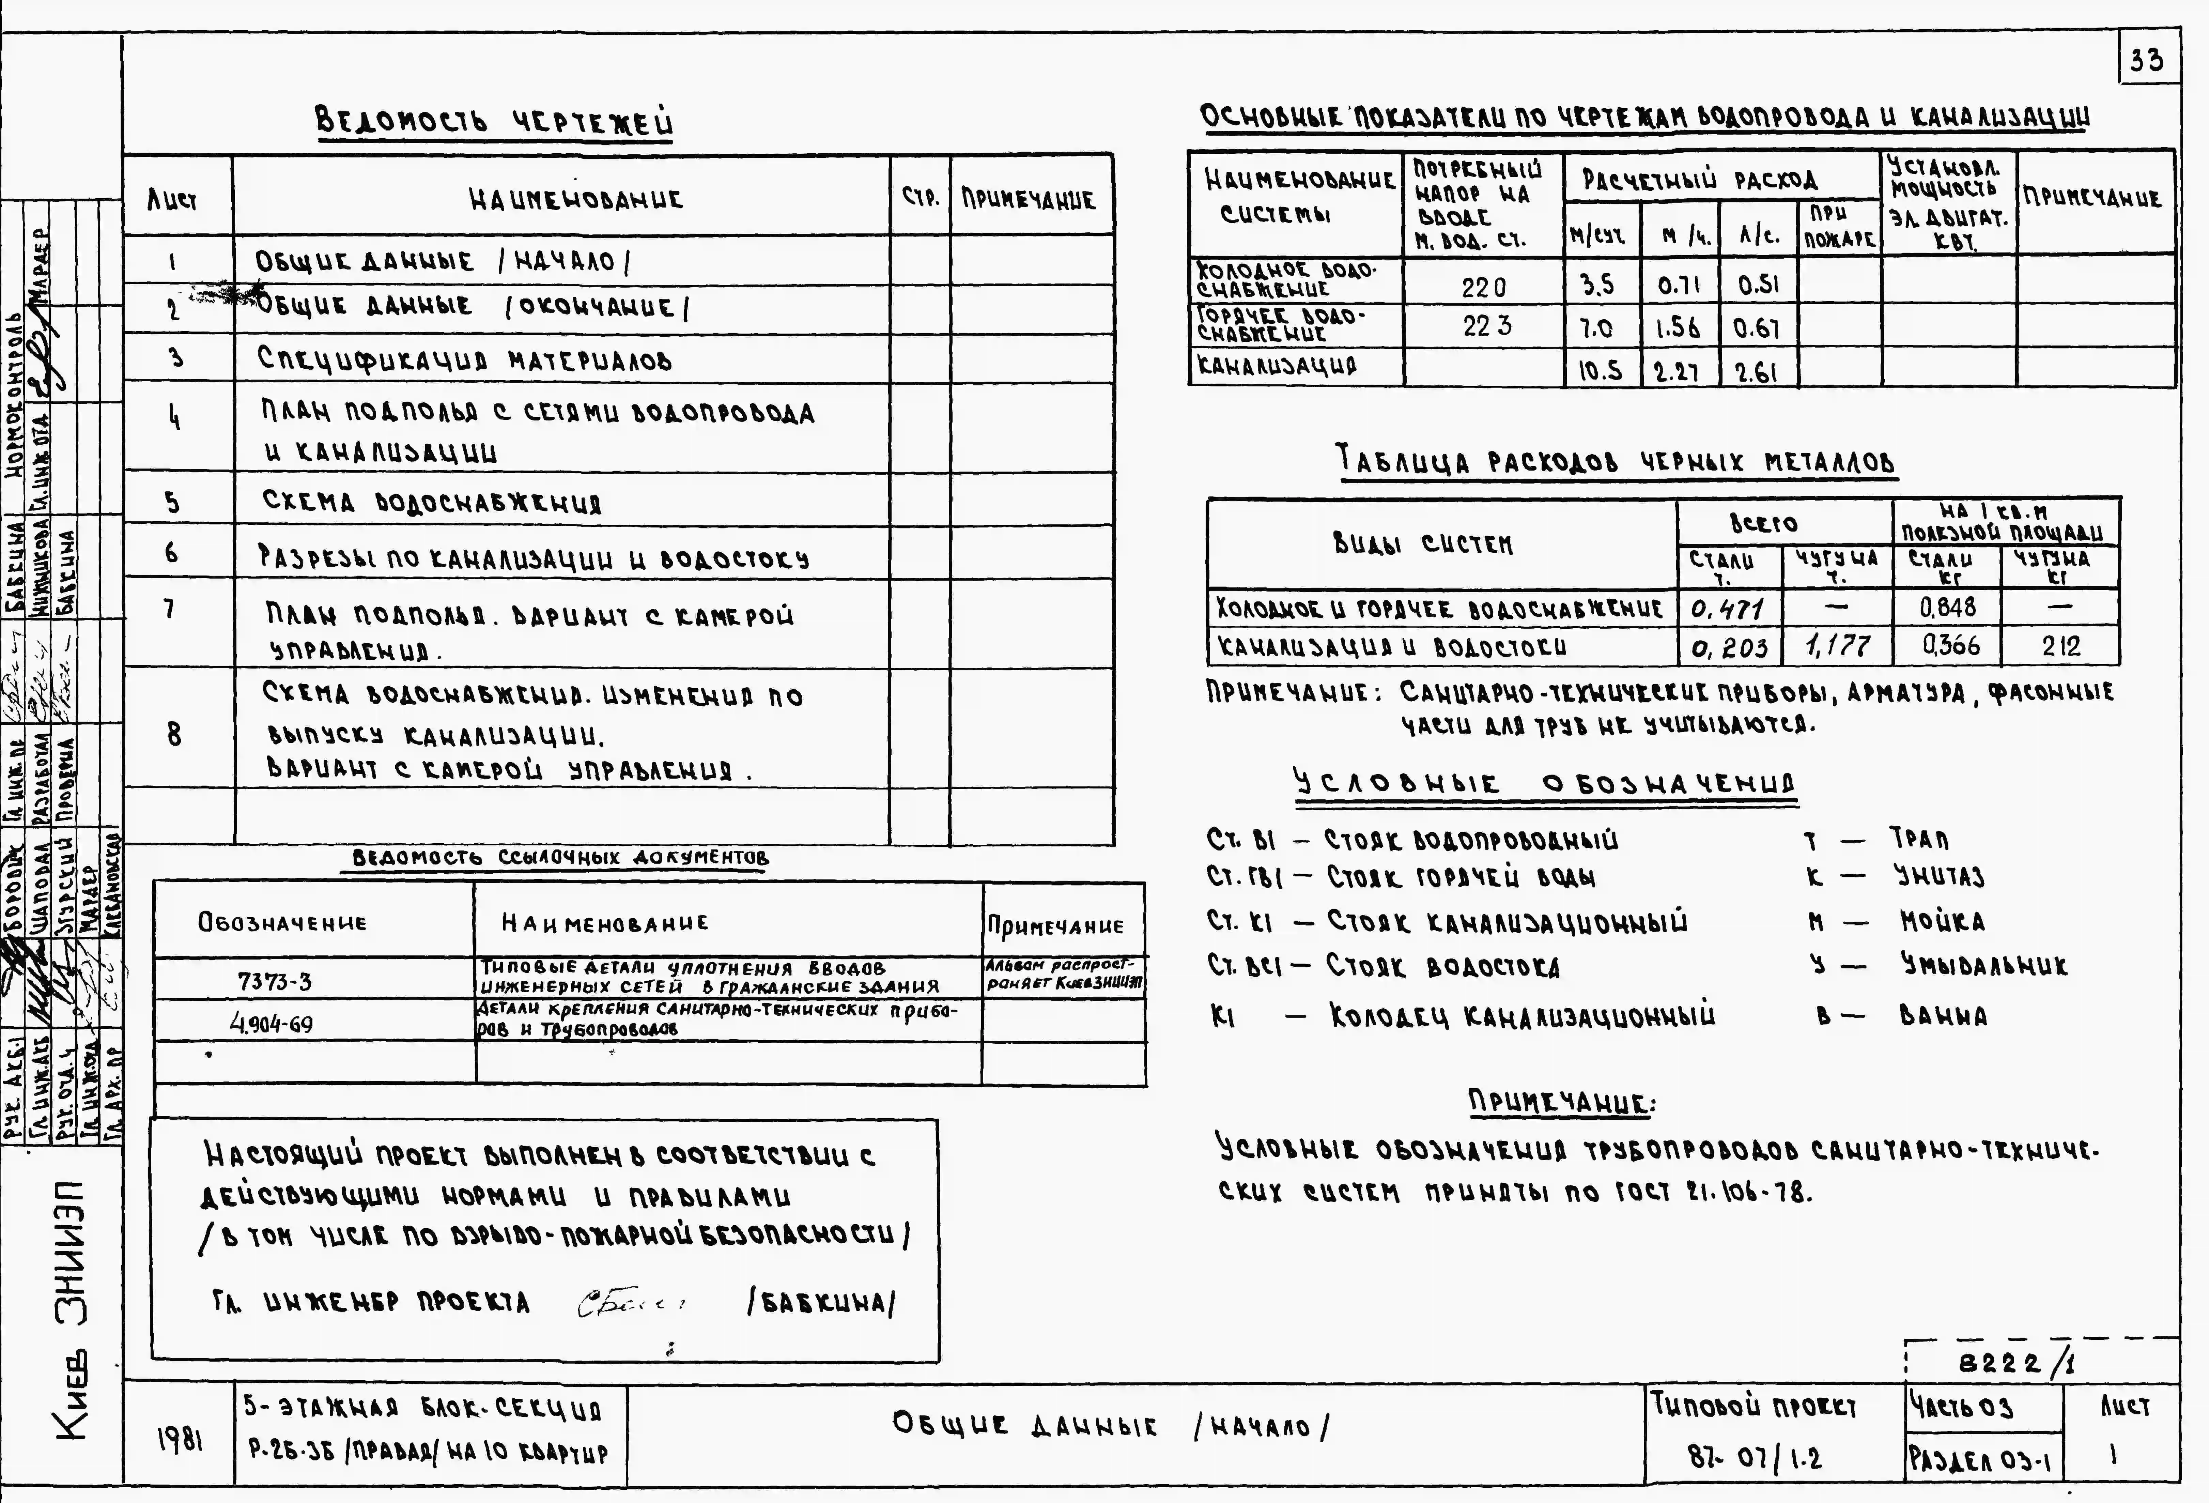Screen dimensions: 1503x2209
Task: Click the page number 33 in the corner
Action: pyautogui.click(x=2147, y=60)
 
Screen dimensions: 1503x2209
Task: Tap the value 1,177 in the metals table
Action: pyautogui.click(x=1837, y=646)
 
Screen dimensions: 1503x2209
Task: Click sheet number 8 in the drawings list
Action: pyautogui.click(x=174, y=734)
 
